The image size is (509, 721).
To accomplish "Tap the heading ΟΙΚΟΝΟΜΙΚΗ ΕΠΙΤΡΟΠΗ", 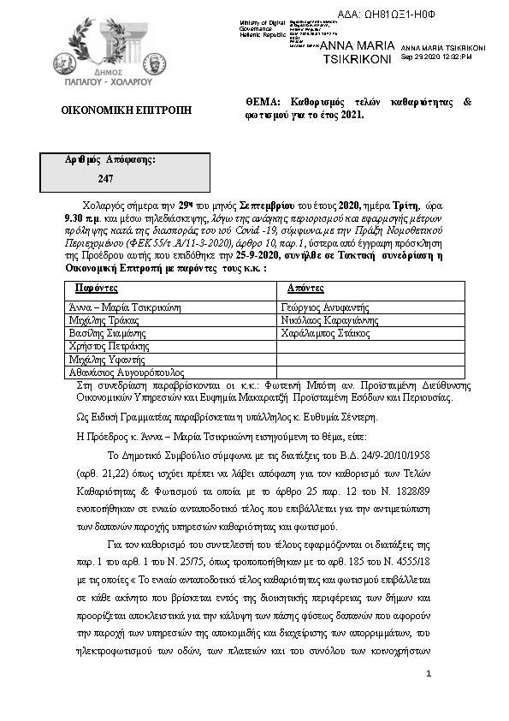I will tap(126, 110).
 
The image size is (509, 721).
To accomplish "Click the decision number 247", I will tap(106, 178).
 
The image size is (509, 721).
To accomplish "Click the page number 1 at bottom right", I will tap(429, 675).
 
